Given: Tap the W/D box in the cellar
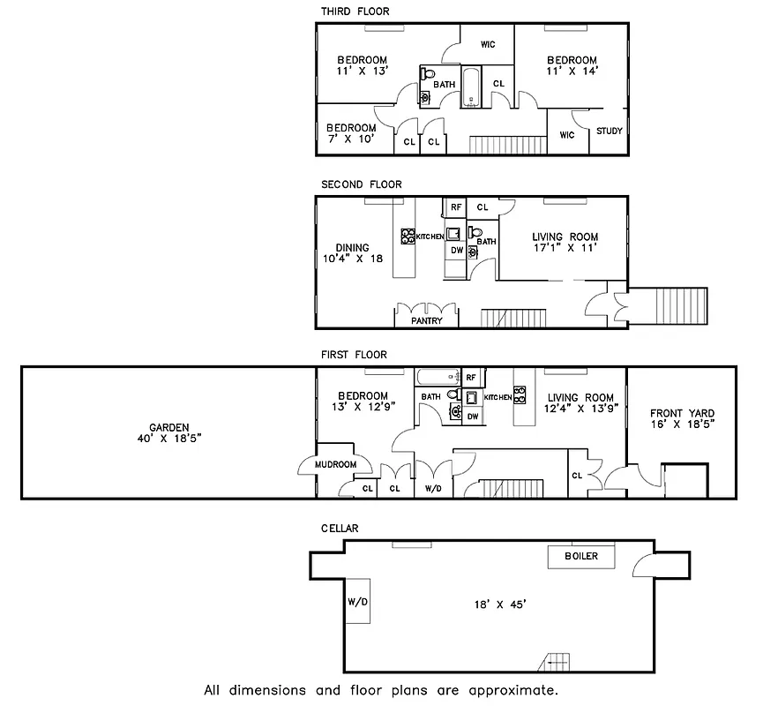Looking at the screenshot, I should point(358,603).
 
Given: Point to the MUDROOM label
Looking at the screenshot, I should point(335,464).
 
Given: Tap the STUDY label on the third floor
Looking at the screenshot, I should point(609,131).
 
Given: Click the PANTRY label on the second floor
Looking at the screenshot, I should point(427,321).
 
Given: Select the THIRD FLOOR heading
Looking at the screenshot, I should point(355,11).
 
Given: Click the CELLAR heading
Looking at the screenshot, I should point(340,529).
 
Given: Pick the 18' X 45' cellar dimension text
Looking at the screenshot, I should point(499,605).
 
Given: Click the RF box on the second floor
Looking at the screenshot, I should point(456,207).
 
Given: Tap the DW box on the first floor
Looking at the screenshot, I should point(473,417).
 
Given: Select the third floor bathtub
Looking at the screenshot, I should point(470,87).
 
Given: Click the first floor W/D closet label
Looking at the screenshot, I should point(433,488).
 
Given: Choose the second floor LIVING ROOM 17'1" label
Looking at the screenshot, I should point(565,243).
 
